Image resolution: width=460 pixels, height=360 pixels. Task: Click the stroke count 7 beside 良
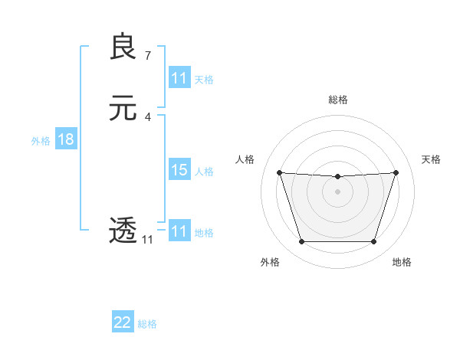148,55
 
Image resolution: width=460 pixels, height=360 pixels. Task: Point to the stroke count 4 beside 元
148,116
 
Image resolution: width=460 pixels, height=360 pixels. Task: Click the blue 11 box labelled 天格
179,78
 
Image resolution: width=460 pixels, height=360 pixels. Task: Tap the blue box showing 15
179,170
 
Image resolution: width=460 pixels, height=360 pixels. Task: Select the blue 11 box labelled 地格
179,231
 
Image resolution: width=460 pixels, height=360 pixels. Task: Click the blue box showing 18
66,139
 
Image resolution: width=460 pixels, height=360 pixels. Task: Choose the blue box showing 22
123,322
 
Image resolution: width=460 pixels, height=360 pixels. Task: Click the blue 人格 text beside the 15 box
205,171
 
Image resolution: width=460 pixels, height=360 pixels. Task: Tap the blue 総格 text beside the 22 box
147,323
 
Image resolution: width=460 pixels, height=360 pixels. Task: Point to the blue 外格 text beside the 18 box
41,140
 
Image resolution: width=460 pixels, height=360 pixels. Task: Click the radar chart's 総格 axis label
337,100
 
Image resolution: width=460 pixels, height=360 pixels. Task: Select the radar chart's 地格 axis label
402,262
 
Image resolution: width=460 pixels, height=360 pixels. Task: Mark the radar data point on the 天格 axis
396,172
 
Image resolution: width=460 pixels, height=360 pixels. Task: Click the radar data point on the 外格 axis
301,242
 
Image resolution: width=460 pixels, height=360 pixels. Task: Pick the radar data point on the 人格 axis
279,172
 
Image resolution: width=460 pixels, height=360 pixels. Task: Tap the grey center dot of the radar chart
337,191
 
